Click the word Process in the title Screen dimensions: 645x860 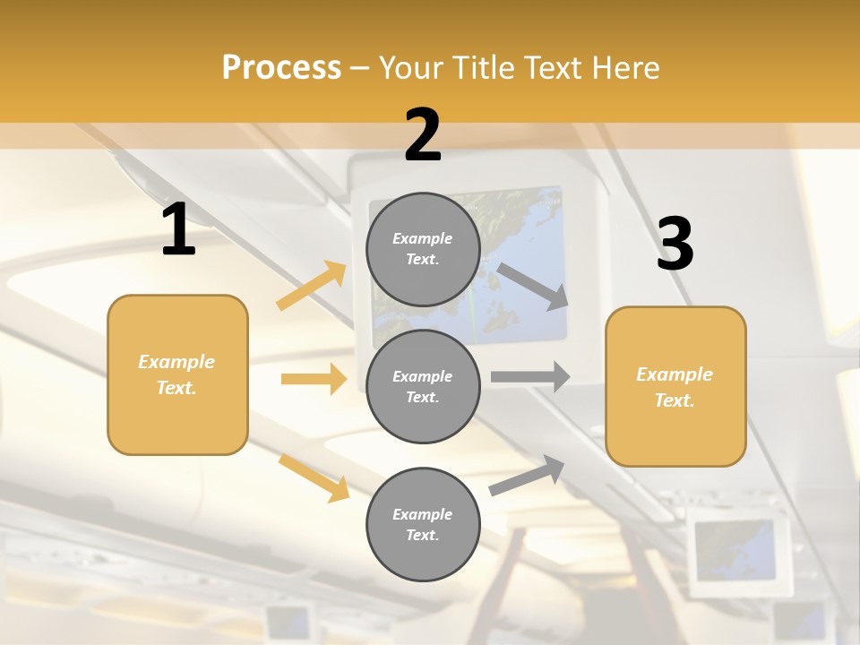tap(281, 68)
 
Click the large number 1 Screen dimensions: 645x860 tap(178, 229)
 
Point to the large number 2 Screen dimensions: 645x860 tap(423, 135)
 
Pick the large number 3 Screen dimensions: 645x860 tap(675, 245)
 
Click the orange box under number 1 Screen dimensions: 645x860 tap(177, 374)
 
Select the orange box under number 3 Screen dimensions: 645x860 tap(675, 387)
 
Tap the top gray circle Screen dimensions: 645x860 tap(423, 249)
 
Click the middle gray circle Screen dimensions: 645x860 tap(423, 387)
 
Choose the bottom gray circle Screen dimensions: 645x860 tap(423, 525)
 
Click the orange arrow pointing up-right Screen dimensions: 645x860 tap(311, 286)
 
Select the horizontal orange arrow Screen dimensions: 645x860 tap(314, 379)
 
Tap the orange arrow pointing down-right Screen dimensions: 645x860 tap(314, 477)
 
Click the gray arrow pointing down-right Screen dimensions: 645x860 tap(533, 286)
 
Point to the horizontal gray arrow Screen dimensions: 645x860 tap(530, 377)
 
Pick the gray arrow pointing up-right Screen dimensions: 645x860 tap(527, 476)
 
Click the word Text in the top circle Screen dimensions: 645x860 tap(422, 260)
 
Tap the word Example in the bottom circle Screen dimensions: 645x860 tap(423, 514)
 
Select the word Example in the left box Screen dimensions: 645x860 tap(176, 362)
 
